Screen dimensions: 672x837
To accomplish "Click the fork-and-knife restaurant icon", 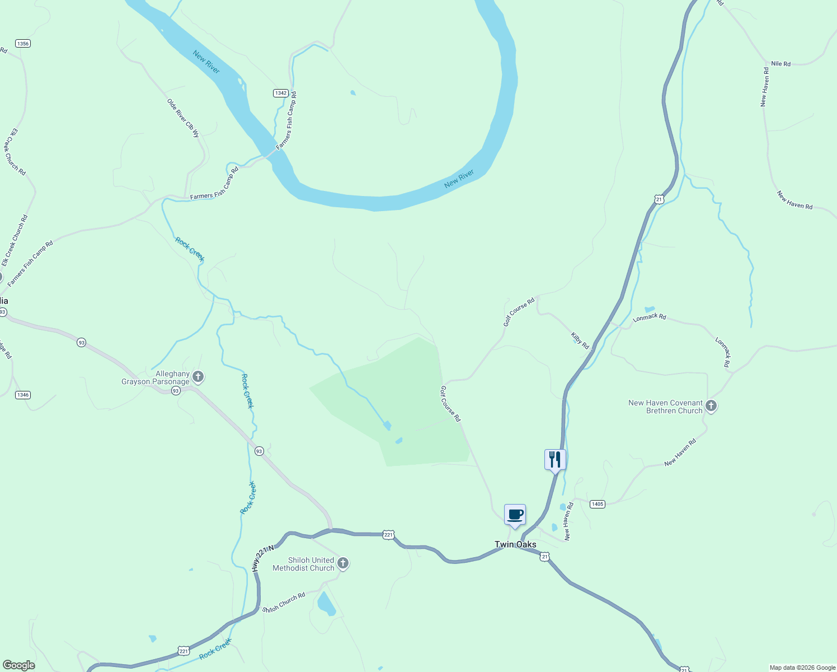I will [x=555, y=460].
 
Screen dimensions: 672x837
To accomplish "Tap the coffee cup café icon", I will [x=515, y=515].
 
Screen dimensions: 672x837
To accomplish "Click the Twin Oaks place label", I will [x=515, y=544].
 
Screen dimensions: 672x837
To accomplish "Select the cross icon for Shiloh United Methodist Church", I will [x=343, y=563].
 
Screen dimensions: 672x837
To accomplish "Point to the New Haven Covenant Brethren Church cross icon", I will [x=711, y=406].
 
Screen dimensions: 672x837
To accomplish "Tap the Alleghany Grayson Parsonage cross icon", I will [x=198, y=377].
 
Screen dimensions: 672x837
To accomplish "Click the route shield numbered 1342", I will [x=281, y=93].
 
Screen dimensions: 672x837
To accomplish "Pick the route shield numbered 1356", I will [x=23, y=44].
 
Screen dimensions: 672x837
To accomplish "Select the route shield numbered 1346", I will [x=22, y=395].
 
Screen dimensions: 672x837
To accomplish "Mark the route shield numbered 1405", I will [x=598, y=504].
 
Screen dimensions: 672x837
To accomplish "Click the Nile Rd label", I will [x=780, y=64].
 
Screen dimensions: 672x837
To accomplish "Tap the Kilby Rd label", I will [x=580, y=340].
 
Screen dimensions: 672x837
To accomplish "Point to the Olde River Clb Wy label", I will [x=183, y=118].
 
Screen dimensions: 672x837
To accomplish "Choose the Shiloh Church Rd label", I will [x=284, y=602].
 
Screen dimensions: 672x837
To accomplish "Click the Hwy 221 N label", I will [x=263, y=558].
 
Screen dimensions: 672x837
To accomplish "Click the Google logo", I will [x=19, y=665].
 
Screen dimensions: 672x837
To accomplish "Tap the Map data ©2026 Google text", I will [x=802, y=668].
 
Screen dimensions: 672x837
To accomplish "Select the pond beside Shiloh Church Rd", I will [x=326, y=604].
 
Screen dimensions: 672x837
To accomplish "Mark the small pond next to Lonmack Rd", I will [x=650, y=309].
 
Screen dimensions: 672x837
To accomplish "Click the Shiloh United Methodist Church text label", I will [x=303, y=564].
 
